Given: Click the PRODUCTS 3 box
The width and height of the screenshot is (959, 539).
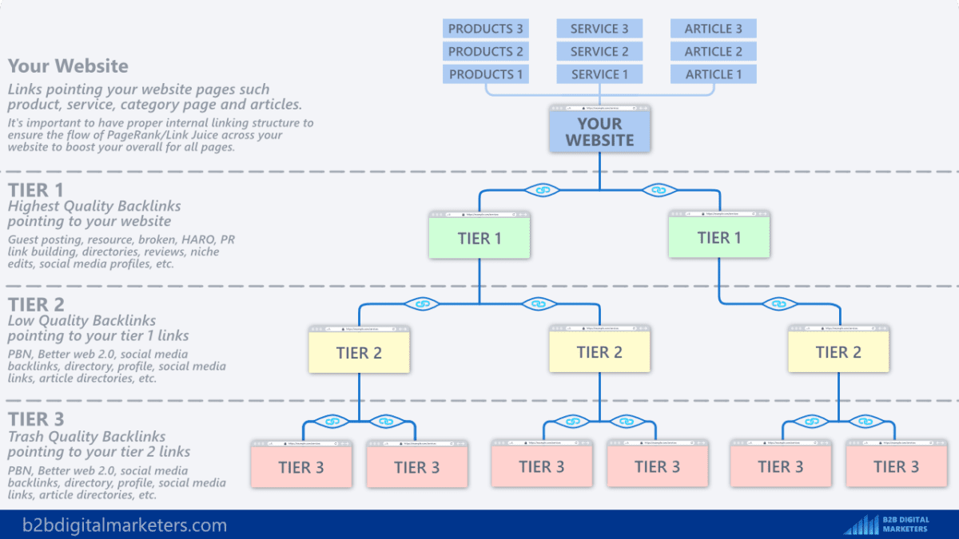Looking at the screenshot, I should (486, 29).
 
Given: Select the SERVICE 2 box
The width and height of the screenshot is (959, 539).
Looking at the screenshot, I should (599, 52).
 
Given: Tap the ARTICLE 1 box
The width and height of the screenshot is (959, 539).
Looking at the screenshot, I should (713, 74).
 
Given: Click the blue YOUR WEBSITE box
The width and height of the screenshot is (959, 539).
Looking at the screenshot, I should (599, 132).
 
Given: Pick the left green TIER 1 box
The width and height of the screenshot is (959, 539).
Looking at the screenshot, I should (479, 239).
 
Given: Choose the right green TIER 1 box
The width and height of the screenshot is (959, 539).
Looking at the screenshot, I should (718, 238).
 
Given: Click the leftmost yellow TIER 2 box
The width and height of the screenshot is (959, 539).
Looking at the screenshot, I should (359, 353).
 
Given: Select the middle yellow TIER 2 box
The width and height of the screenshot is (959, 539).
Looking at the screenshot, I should (599, 353).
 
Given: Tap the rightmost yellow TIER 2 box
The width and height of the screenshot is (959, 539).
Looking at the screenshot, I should (838, 353).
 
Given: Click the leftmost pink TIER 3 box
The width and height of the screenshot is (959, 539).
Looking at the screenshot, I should (301, 467).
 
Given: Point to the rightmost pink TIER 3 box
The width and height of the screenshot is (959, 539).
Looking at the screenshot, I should (896, 467).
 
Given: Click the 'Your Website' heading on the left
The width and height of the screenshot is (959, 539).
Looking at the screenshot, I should (68, 66).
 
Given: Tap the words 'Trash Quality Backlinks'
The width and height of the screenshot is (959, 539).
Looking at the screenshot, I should (86, 437).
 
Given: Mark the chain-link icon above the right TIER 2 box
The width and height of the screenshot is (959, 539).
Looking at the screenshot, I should (774, 303).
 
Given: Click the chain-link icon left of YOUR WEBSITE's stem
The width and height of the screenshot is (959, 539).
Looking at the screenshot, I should (543, 190).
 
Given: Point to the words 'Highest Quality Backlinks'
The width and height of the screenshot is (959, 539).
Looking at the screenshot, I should (94, 207).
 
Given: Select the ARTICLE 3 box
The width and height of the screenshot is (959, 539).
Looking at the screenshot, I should (713, 29).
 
